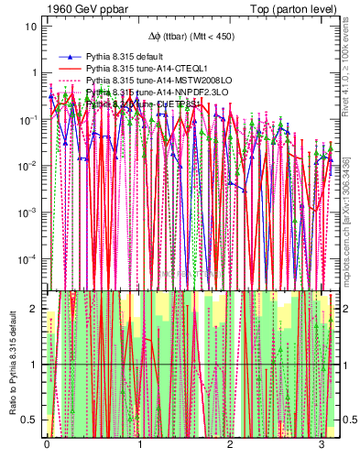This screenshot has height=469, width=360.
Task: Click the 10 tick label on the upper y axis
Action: pyautogui.click(x=30, y=26)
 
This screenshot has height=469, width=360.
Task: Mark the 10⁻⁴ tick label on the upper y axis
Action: pyautogui.click(x=27, y=258)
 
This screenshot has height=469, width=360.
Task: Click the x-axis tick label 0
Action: pyautogui.click(x=47, y=443)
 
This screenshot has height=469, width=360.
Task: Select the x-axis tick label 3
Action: pyautogui.click(x=321, y=443)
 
